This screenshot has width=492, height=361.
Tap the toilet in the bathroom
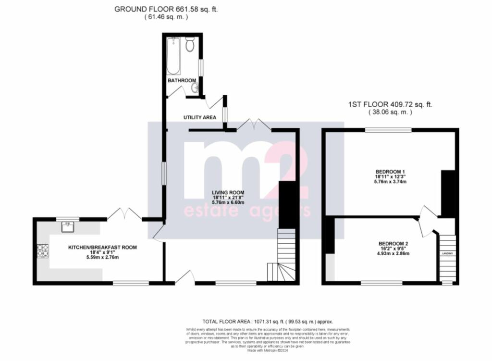[190, 46]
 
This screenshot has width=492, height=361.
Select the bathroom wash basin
[195, 87]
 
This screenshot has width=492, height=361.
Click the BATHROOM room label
[182, 80]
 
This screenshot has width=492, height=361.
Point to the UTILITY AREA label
[200, 117]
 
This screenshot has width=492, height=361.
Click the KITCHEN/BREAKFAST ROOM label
[102, 248]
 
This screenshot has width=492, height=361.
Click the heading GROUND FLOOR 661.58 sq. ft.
[166, 9]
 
